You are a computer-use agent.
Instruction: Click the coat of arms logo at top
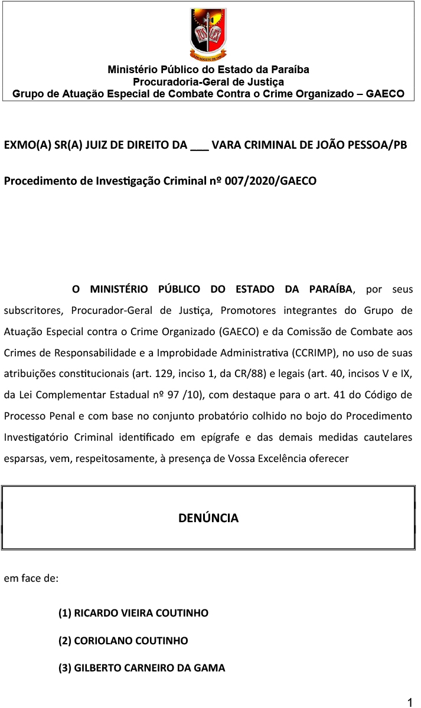208,34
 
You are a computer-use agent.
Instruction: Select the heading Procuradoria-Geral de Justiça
208,82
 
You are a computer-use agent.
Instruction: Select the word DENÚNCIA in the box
208,518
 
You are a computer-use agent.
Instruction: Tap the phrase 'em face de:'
31,579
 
